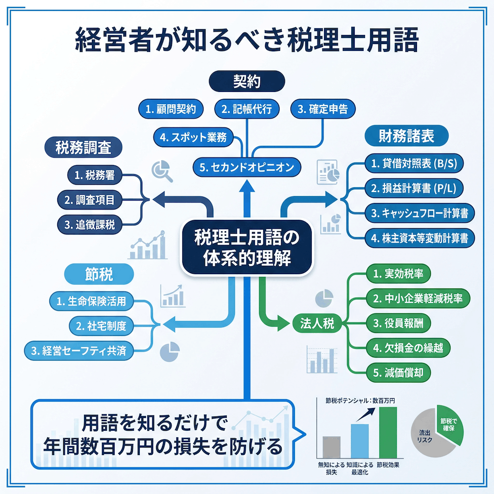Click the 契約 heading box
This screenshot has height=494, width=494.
[247, 81]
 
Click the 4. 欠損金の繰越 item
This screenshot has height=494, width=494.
[408, 347]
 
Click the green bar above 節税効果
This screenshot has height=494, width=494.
[387, 432]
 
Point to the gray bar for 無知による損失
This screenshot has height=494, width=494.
[331, 447]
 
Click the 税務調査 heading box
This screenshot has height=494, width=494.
[82, 147]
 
